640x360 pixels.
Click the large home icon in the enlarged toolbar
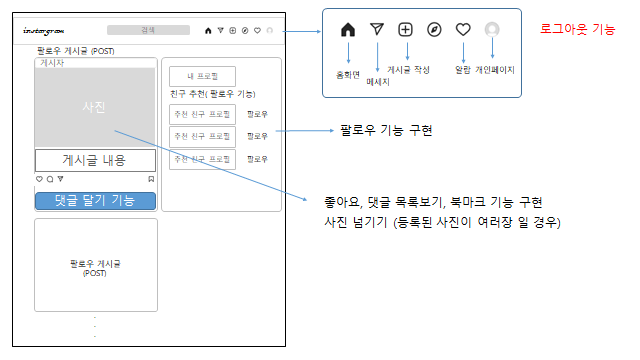(348, 30)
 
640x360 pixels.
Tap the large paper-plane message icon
(376, 30)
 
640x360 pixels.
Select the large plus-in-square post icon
(405, 30)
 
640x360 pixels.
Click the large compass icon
(434, 30)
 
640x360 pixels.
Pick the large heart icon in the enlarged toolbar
(463, 30)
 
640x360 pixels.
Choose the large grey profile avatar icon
(492, 30)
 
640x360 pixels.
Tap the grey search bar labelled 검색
(147, 30)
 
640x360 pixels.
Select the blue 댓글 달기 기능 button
(95, 201)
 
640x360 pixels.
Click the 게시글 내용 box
(95, 160)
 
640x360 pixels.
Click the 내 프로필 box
(202, 77)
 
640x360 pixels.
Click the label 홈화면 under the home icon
(348, 73)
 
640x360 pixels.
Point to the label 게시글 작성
(408, 73)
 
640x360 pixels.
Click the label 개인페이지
(492, 73)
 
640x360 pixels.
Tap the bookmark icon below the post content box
(151, 179)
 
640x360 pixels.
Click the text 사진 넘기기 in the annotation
(344, 222)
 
